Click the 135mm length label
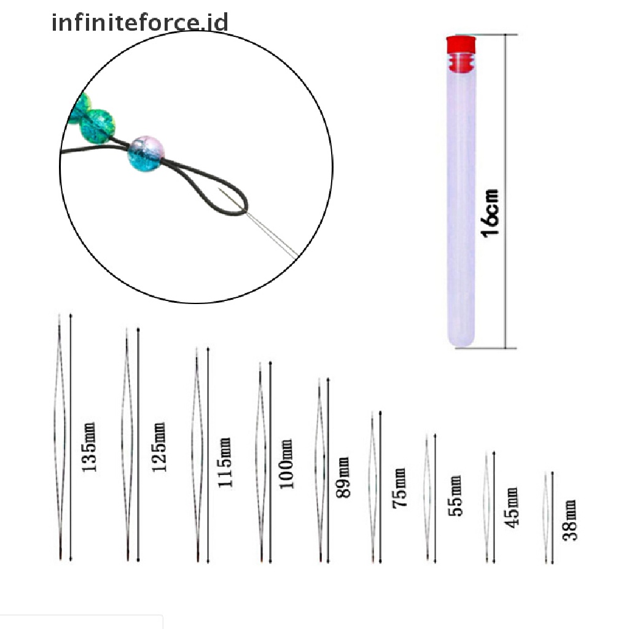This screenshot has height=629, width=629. (x=89, y=447)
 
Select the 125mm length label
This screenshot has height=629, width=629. (x=159, y=447)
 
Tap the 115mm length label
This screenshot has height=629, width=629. (x=225, y=462)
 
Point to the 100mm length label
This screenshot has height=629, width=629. (x=287, y=463)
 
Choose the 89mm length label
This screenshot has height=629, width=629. (x=343, y=477)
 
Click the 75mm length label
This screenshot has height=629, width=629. (x=399, y=488)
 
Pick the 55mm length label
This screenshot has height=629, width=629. (x=455, y=495)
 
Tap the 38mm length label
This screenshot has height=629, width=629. (x=571, y=520)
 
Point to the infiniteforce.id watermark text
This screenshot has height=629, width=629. (x=140, y=23)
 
